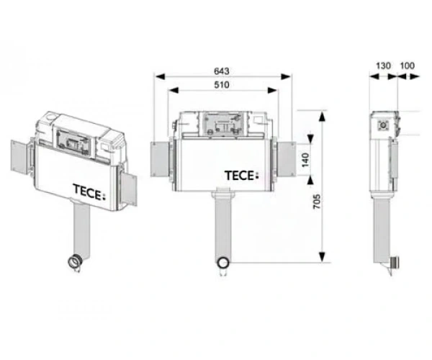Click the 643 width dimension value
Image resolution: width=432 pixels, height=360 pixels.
[x=222, y=71]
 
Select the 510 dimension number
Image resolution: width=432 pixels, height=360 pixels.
[x=222, y=85]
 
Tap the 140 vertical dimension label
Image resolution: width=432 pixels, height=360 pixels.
[x=305, y=160]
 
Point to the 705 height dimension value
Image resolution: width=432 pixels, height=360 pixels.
[x=317, y=202]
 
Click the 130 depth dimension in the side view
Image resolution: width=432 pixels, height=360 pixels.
[x=383, y=66]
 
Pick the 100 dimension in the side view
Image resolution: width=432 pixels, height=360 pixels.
[x=407, y=66]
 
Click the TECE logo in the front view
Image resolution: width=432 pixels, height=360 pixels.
[x=242, y=176]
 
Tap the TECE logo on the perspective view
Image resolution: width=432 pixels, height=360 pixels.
[x=89, y=192]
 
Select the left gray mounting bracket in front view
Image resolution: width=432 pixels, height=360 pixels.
[x=160, y=159]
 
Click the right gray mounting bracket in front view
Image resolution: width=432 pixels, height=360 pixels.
[x=286, y=159]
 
